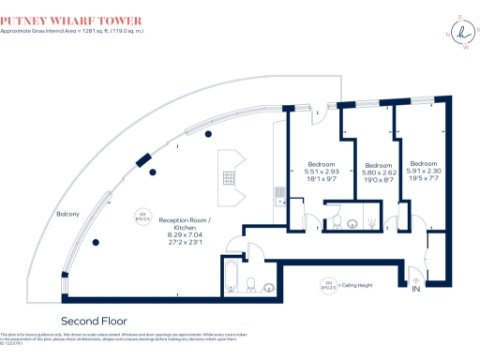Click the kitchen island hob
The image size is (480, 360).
(x=228, y=176)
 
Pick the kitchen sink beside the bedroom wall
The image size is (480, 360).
(x=278, y=195)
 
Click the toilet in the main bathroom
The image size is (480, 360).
(x=251, y=283)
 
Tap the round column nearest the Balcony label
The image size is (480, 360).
(x=97, y=243)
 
